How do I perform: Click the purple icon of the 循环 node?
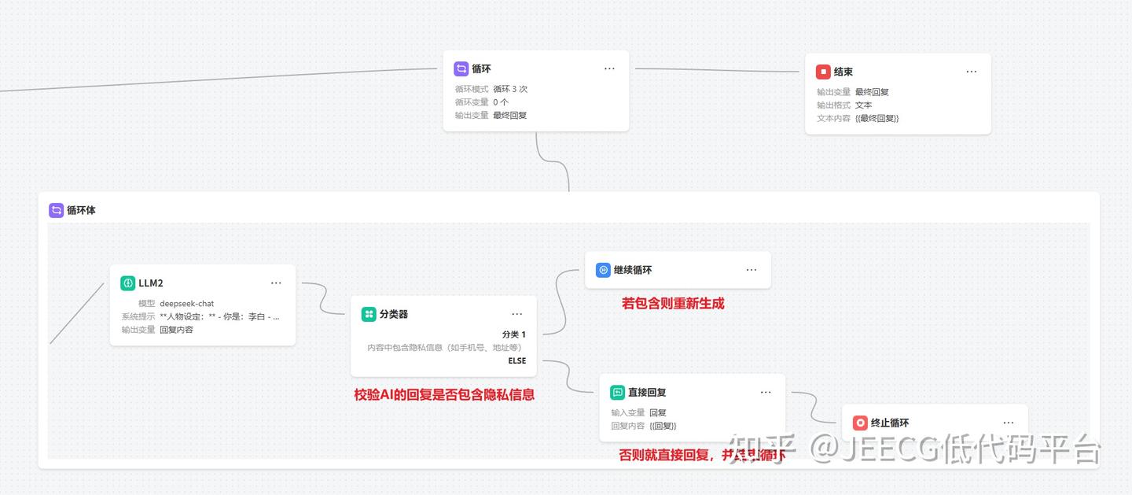click(461, 68)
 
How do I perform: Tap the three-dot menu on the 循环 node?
click(609, 68)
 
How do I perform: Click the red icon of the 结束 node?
click(823, 72)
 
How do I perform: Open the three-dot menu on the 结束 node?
click(972, 72)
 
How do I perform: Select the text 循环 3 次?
click(510, 89)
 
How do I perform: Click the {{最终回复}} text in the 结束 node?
click(877, 118)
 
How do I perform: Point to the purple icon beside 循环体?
click(57, 210)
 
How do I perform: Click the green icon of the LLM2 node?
click(128, 283)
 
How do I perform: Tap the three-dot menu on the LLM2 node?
click(276, 283)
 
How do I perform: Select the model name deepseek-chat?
click(186, 303)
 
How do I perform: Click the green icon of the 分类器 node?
click(369, 314)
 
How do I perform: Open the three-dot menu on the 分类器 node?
click(516, 314)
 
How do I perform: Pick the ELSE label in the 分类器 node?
click(516, 360)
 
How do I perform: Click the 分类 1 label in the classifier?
click(514, 334)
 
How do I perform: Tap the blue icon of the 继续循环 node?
click(603, 270)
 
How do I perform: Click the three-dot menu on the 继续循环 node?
click(752, 270)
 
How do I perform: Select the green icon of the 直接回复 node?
click(617, 392)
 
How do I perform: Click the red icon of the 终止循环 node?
click(860, 423)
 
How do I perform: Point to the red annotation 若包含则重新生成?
click(673, 303)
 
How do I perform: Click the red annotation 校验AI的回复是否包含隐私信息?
click(444, 395)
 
